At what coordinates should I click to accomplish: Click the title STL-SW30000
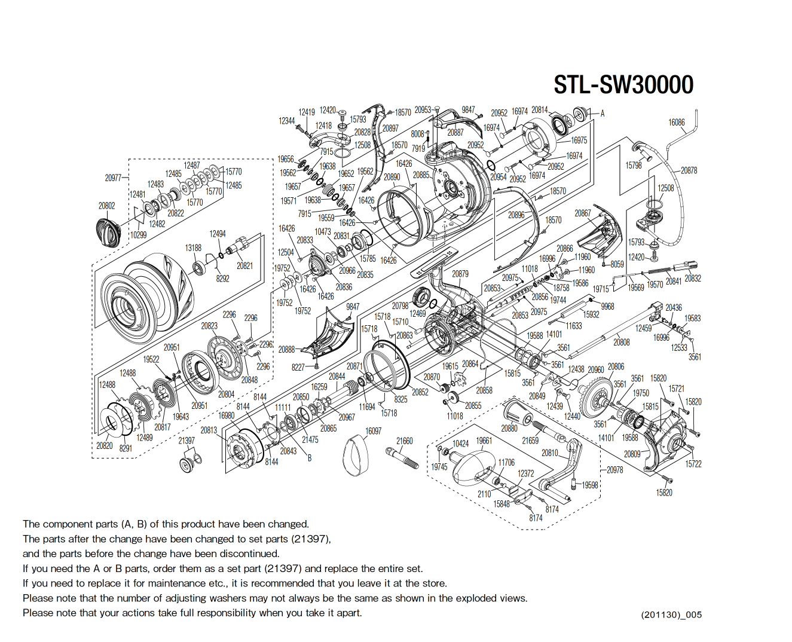tap(623, 85)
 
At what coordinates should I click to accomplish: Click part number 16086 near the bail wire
tap(676, 123)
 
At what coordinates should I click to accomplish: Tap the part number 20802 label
tap(106, 206)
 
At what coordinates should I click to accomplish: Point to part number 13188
tap(193, 247)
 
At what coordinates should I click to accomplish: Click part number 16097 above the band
tap(373, 431)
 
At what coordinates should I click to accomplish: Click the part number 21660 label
tap(404, 441)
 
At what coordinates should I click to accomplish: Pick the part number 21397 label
tap(186, 441)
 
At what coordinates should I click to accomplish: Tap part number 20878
tap(689, 170)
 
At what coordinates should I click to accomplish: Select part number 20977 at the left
tap(113, 178)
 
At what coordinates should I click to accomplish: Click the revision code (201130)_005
tap(671, 615)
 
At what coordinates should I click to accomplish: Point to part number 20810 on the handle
tap(549, 453)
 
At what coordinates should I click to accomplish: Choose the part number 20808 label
tap(621, 342)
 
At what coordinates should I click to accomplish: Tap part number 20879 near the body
tap(460, 274)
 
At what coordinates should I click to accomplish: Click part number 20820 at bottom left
tap(104, 445)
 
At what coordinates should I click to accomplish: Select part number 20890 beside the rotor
tap(392, 177)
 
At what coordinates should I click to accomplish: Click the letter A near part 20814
tap(602, 113)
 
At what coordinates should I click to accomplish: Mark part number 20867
tap(582, 213)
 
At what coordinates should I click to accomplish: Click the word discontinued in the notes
tap(250, 554)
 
